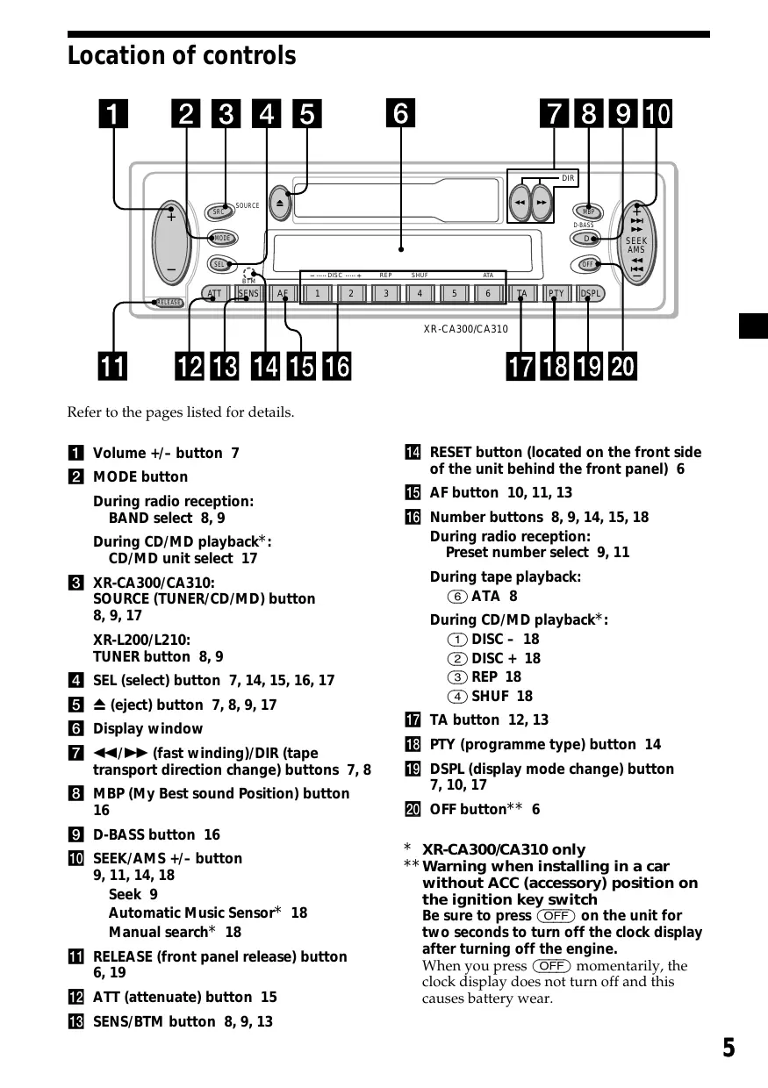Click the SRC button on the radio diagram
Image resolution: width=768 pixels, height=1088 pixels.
coord(219,211)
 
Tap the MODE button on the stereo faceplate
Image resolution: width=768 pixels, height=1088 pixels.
coord(222,239)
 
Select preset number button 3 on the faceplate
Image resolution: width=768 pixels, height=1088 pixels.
coord(385,294)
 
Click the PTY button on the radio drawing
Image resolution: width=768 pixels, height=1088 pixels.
coord(556,294)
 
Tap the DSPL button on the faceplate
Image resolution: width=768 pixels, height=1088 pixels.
coord(591,294)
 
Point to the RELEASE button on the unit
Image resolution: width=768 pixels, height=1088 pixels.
coord(169,303)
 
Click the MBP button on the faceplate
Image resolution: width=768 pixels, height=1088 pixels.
coord(588,211)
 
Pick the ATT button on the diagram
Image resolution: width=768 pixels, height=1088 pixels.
coord(215,294)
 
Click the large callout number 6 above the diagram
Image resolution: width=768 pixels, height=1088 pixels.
coord(400,114)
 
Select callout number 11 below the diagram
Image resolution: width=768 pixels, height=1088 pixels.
coord(111,366)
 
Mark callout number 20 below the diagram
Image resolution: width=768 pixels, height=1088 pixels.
coord(622,366)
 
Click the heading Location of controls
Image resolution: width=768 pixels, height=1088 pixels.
coord(182,56)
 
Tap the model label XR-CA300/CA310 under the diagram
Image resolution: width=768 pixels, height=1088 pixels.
coord(465,330)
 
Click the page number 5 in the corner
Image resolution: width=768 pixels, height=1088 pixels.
coord(729,1048)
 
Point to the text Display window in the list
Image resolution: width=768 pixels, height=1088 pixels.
coord(147,728)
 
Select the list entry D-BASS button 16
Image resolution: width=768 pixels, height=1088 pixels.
coord(156,834)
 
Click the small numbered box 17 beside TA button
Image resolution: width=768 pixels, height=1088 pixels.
coord(413,719)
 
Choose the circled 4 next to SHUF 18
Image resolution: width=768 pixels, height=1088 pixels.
coord(457,696)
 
